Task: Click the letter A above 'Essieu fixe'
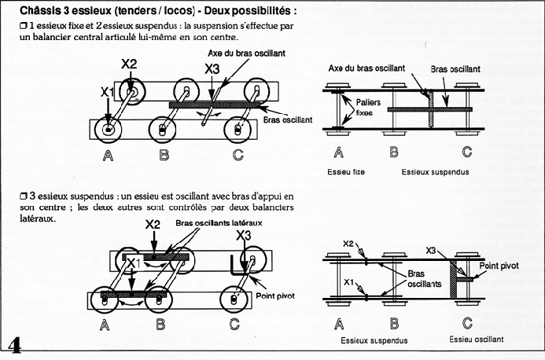(x=339, y=152)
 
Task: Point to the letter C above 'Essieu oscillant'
(x=467, y=323)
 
